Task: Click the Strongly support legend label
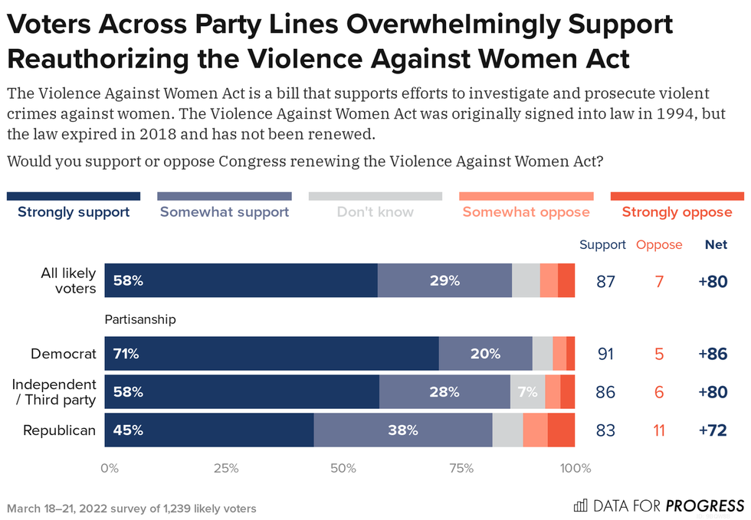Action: [x=74, y=212]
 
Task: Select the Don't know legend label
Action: [x=375, y=212]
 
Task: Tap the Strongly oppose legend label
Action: [x=677, y=212]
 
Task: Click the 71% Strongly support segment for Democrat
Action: [x=271, y=354]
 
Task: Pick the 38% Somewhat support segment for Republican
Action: [x=403, y=430]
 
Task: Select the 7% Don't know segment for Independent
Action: [x=528, y=392]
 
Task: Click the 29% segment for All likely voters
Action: [x=444, y=280]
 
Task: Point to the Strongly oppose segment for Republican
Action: [x=561, y=430]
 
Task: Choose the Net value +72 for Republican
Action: [x=713, y=430]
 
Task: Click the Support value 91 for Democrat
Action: [x=605, y=354]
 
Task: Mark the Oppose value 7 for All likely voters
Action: [x=659, y=281]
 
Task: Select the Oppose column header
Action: [x=659, y=245]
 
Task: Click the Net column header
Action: [x=716, y=245]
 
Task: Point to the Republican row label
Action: [x=59, y=430]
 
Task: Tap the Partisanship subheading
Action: [x=140, y=319]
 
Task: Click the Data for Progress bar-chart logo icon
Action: [x=581, y=505]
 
